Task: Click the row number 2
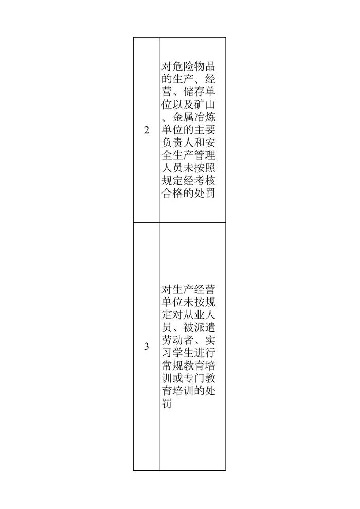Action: pos(147,130)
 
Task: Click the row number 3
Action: pos(147,347)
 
